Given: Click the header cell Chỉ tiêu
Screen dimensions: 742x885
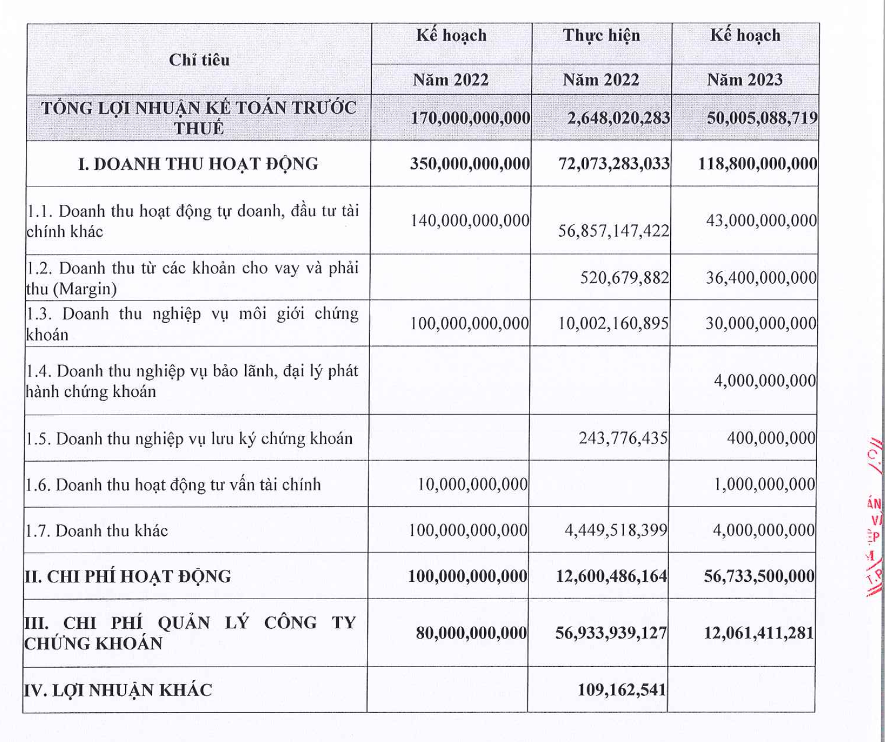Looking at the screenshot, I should tap(199, 60).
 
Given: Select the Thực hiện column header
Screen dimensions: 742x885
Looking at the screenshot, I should tap(601, 36).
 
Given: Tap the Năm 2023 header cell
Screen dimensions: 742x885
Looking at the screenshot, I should tap(745, 80).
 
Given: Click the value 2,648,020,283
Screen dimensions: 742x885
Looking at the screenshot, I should tap(618, 118).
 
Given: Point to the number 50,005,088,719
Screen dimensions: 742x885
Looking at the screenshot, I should tap(762, 118).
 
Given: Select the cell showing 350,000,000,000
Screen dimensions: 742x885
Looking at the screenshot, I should tap(469, 164).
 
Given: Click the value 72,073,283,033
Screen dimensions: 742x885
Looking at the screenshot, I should tap(614, 164).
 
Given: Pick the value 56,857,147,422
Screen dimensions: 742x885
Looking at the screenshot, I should tap(614, 231).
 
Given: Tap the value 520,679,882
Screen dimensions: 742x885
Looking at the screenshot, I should tap(624, 278).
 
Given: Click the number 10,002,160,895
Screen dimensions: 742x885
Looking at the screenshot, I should tap(613, 324).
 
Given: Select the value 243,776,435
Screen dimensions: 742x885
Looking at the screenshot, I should tap(623, 438).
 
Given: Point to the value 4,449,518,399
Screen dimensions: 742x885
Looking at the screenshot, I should tap(616, 531).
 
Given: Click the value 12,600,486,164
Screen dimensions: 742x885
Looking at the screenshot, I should tap(611, 576).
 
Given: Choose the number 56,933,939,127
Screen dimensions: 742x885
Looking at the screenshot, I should tap(611, 633).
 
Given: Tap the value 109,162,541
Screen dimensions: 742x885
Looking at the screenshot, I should tap(622, 690).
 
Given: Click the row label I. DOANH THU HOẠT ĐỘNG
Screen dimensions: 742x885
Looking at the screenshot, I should tap(198, 164).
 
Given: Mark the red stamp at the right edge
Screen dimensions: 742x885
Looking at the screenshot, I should tap(874, 518).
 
